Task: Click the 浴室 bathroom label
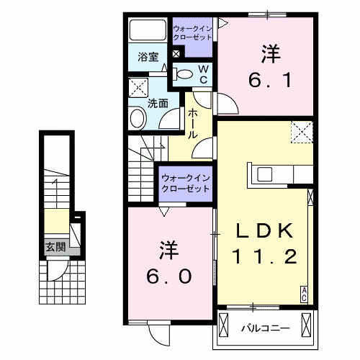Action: (x=148, y=57)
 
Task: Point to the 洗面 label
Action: (x=158, y=103)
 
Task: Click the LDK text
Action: (x=264, y=232)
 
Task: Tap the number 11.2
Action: (x=264, y=256)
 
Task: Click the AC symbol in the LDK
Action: (x=305, y=293)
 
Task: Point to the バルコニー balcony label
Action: (x=265, y=328)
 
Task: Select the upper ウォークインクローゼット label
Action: (x=192, y=33)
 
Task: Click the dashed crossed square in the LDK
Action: (x=302, y=132)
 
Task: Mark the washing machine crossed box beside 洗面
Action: (x=137, y=89)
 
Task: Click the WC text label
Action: (x=203, y=73)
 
